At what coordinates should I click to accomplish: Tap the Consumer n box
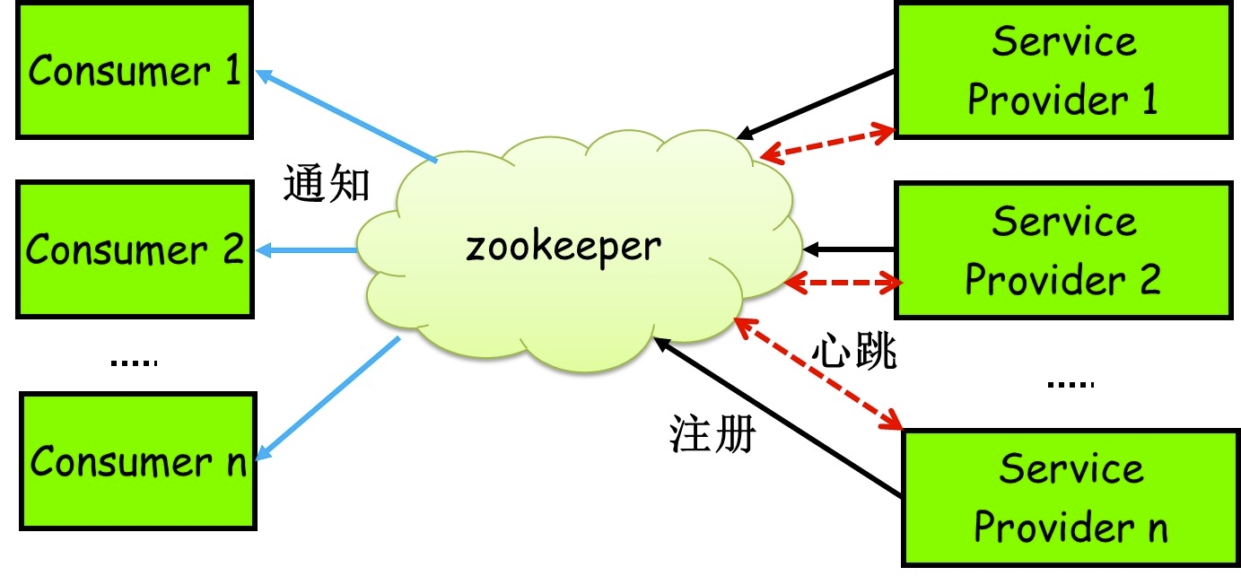point(137,462)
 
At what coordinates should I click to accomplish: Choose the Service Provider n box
point(1071,498)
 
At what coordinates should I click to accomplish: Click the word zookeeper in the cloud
point(564,246)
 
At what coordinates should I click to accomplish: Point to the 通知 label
point(327,184)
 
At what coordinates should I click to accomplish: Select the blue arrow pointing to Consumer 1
point(346,118)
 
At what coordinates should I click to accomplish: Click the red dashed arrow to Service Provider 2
point(843,283)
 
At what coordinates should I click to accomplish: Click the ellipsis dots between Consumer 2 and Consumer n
point(134,363)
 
